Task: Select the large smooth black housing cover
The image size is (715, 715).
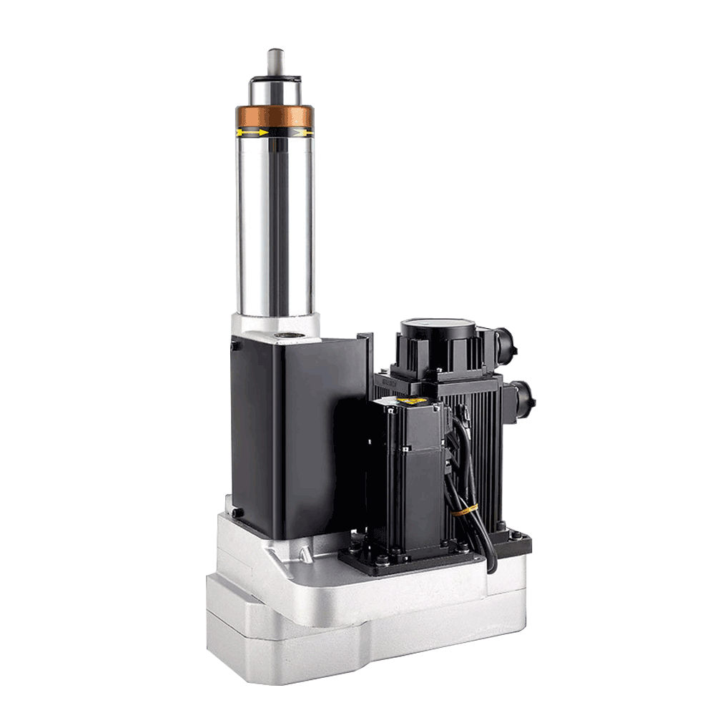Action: (x=300, y=436)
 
